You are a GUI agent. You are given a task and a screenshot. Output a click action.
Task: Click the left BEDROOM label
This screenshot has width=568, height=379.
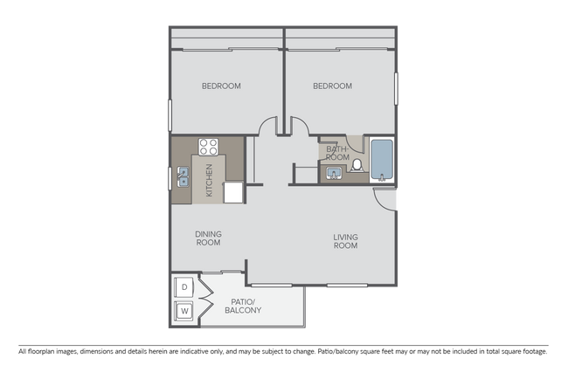(x=221, y=86)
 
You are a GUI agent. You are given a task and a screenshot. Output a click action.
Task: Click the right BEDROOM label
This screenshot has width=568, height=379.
(x=332, y=86)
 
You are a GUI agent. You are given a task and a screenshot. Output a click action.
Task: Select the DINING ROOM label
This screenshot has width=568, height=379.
(x=208, y=238)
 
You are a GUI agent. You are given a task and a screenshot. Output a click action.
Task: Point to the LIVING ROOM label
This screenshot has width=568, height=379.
(x=346, y=240)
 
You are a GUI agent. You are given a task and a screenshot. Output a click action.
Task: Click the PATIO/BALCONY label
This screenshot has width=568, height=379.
(x=244, y=307)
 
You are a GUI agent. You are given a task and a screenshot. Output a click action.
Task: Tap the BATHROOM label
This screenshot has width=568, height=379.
(x=337, y=153)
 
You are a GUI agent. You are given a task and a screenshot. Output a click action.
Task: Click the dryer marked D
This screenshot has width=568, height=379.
(x=184, y=285)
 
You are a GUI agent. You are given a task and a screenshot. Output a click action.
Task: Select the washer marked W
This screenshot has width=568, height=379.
(x=184, y=310)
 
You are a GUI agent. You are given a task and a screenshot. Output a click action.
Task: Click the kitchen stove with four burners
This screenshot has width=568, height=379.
(x=208, y=146)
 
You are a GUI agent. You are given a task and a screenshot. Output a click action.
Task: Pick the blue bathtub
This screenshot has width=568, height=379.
(x=382, y=159)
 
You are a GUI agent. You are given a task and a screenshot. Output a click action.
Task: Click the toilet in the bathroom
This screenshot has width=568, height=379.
(x=357, y=166)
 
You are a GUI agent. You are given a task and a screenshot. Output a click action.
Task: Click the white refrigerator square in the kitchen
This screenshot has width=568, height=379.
(x=233, y=192)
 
